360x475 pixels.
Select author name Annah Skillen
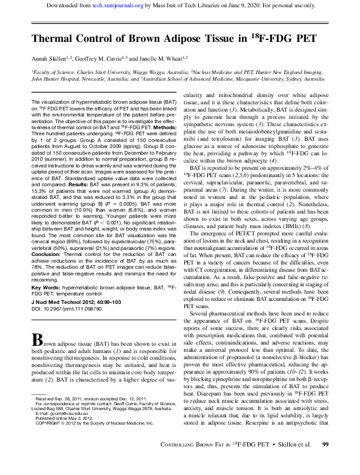coord(53,59)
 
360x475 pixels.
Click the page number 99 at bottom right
coord(325,463)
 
